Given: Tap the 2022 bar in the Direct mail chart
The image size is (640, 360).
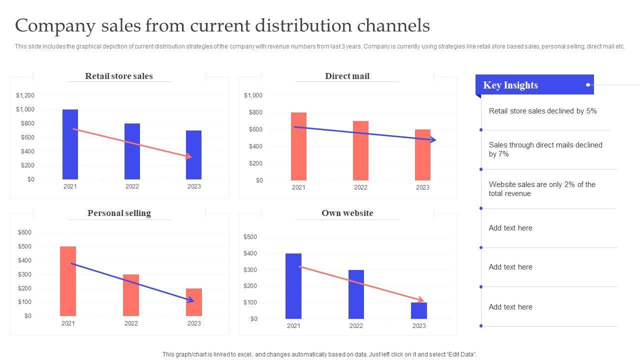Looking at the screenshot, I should point(360,150).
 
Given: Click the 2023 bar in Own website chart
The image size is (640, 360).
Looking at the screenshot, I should point(419,310).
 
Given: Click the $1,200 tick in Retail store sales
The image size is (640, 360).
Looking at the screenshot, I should point(25,95).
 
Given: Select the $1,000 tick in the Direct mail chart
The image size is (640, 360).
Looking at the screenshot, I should point(253,95).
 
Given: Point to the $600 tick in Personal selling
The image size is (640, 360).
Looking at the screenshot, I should point(24,232).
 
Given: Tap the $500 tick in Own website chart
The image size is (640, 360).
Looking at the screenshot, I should point(250,237).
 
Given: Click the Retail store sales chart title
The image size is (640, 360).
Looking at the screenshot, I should point(119,76).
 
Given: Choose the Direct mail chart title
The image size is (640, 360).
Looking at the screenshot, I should point(347,76).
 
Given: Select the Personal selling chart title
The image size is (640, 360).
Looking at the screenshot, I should point(119,213).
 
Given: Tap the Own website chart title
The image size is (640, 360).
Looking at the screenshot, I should point(347,213).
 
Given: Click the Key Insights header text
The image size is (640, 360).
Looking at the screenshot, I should point(510,85).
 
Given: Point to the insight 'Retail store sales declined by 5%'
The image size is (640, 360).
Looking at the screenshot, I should point(542,111).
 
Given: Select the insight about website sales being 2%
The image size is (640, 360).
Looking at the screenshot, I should point(542,189).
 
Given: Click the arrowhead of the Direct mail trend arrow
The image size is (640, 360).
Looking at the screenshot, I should point(433,140).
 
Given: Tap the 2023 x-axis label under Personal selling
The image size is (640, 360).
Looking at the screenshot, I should point(194,323).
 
